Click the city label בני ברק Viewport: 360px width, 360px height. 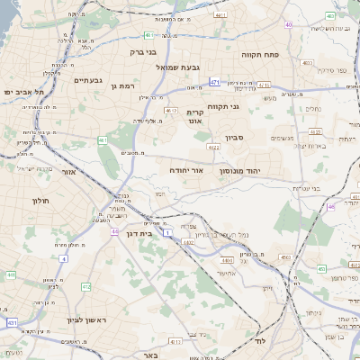pos(131,53)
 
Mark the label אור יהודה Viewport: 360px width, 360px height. pos(187,169)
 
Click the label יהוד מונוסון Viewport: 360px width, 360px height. pos(265,169)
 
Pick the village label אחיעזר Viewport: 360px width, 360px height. pos(227,274)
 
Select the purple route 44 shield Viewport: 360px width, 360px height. pos(114,231)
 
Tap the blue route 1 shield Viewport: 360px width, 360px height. pos(168,232)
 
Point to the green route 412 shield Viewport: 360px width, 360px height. pos(86,287)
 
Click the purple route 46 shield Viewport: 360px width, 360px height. pos(331,207)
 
